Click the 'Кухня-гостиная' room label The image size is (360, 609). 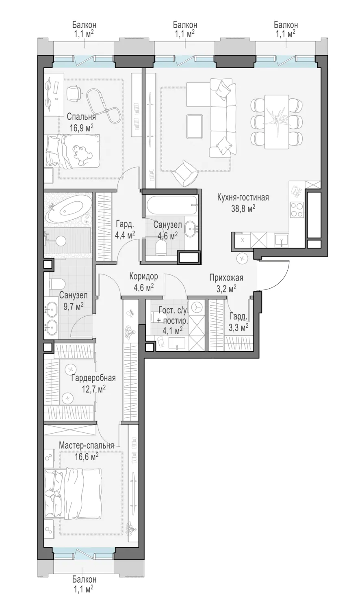click(x=243, y=197)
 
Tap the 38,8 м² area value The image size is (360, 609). click(x=243, y=209)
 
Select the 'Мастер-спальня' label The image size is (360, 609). click(x=86, y=446)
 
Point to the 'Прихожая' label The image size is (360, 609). click(x=226, y=278)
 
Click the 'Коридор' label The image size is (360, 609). click(x=143, y=276)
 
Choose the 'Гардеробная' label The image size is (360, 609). click(x=93, y=378)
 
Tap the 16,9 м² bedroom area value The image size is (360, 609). click(x=82, y=128)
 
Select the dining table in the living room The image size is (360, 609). click(x=276, y=122)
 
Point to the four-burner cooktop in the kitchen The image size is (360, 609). click(x=297, y=209)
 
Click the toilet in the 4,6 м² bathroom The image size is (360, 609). click(x=162, y=248)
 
